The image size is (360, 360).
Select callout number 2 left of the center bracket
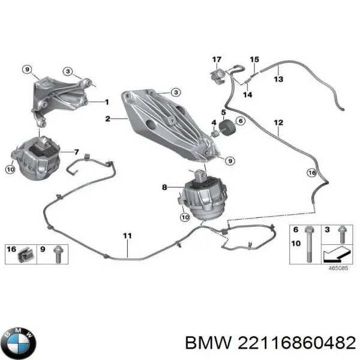tap(107, 119)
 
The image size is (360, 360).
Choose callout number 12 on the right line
tap(278, 124)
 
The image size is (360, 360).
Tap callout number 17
tap(217, 59)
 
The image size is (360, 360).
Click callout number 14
tap(247, 94)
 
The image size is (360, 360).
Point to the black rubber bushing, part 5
tap(227, 128)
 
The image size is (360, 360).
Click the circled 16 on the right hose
tap(311, 173)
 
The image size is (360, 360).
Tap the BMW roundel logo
tap(19, 343)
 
